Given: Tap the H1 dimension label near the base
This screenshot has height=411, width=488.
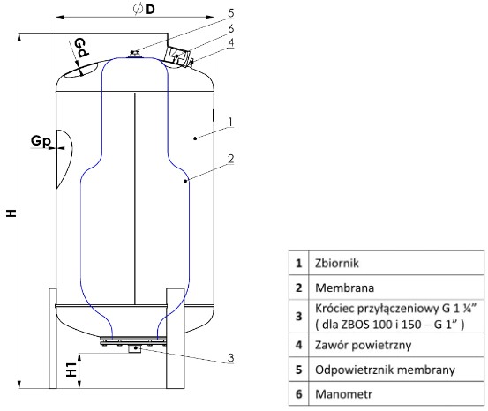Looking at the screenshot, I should [73, 368].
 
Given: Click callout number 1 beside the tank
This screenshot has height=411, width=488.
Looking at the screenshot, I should [229, 120].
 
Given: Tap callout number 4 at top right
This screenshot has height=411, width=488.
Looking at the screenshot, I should [229, 41].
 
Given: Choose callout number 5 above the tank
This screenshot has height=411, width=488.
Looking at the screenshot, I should [229, 12].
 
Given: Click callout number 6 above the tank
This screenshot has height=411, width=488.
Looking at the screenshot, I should [229, 28].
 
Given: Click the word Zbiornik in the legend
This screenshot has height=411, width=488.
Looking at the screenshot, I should [339, 262].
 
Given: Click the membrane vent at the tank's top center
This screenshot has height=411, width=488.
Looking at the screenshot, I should [134, 55].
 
